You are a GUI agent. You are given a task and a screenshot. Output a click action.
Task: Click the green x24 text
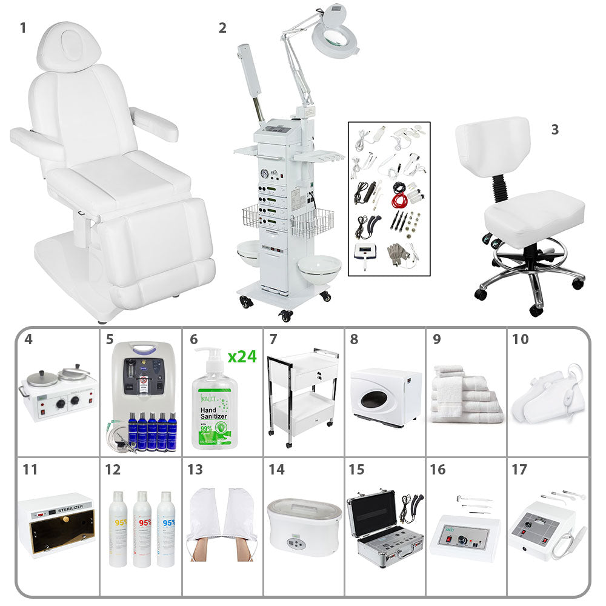[242, 356]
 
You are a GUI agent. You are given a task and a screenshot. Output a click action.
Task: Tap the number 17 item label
[519, 470]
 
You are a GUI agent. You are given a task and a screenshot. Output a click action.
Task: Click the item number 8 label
[354, 339]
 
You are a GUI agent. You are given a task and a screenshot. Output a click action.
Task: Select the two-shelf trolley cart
[303, 394]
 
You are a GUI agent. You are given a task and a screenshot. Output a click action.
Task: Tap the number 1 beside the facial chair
[23, 27]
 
